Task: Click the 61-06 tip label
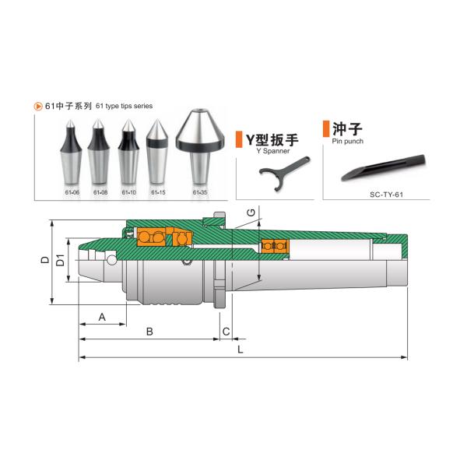72,192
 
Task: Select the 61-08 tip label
100,192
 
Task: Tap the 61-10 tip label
128,192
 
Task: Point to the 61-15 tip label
158,192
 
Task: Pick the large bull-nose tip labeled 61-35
199,146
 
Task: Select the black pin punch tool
384,167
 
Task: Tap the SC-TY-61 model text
386,195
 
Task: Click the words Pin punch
348,141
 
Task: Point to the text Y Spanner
273,151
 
